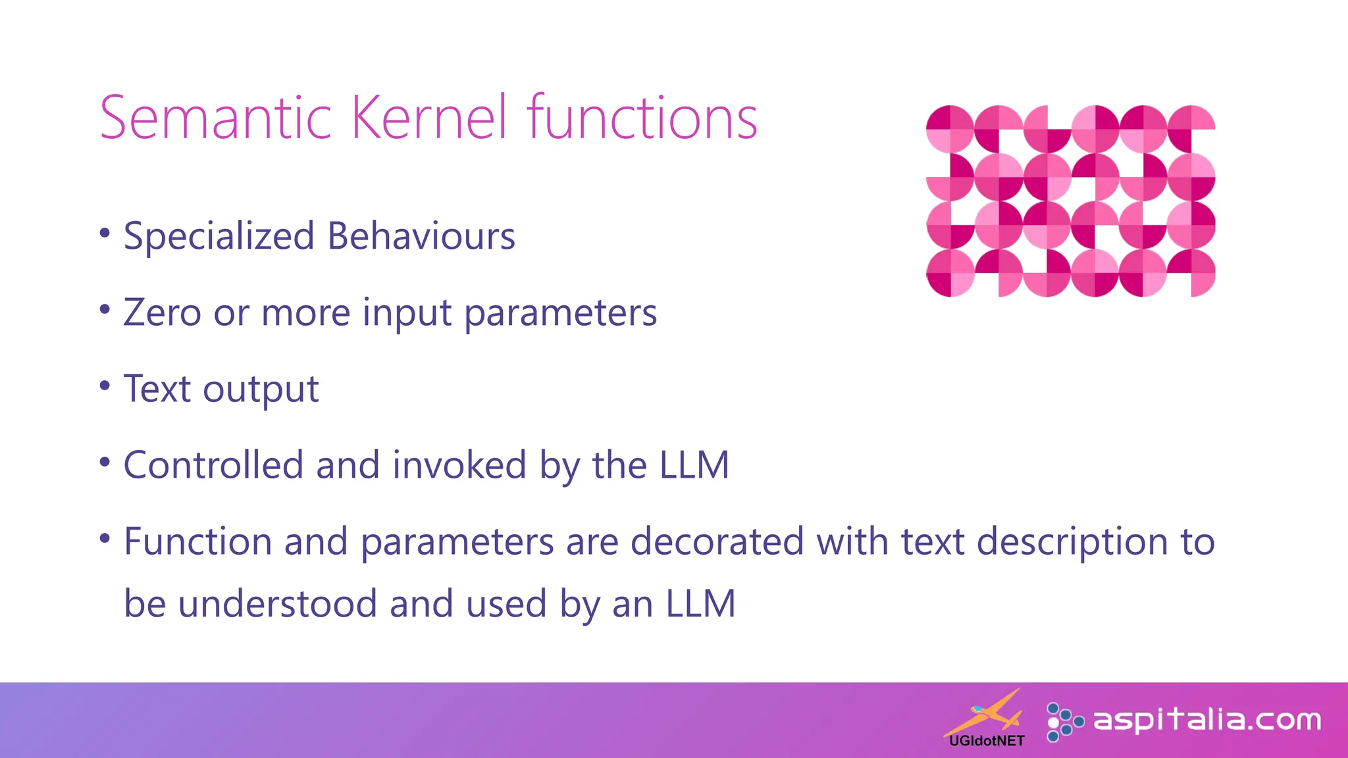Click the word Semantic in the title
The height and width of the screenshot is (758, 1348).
click(215, 118)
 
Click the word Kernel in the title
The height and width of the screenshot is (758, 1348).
click(430, 118)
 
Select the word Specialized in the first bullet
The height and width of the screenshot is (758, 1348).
click(219, 236)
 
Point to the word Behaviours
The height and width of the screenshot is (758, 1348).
click(421, 236)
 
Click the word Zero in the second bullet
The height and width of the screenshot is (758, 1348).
click(162, 313)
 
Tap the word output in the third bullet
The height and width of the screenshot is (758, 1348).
click(261, 390)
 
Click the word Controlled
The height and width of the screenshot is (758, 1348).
click(213, 465)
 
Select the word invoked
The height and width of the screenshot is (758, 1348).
click(459, 465)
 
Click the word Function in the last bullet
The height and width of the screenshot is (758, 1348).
click(197, 542)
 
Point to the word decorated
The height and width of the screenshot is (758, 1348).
click(717, 542)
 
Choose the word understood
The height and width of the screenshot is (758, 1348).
click(277, 603)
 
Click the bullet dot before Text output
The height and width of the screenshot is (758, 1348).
click(105, 385)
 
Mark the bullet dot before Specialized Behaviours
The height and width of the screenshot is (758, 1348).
click(105, 232)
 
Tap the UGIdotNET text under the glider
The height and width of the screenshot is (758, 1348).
click(987, 741)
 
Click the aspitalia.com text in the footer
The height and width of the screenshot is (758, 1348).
click(1207, 720)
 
